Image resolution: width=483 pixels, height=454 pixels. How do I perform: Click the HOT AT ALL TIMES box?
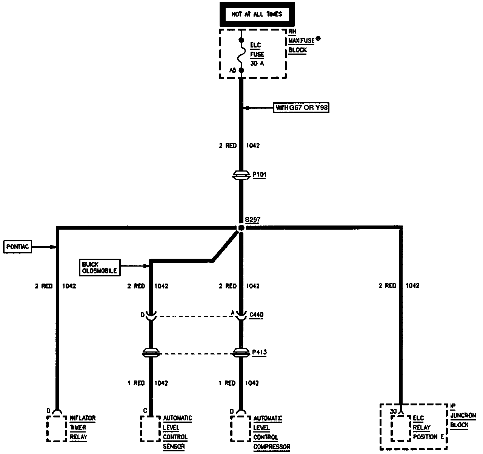[257, 15]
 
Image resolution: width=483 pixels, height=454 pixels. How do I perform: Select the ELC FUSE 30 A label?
[257, 54]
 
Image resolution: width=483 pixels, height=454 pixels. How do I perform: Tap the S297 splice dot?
[241, 228]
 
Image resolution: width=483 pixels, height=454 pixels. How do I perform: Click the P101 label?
[259, 175]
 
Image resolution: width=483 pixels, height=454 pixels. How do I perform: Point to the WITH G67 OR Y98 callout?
[302, 108]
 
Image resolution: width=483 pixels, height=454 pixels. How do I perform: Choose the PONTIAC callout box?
[17, 247]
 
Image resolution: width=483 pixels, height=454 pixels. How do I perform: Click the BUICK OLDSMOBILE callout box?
[100, 267]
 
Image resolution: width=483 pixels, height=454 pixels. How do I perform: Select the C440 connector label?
[256, 314]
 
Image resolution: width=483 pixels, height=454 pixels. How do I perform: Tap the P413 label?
[260, 352]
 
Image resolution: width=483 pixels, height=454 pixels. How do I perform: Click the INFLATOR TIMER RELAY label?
[83, 428]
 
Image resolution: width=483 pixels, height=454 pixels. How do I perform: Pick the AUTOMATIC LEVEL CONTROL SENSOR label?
[177, 433]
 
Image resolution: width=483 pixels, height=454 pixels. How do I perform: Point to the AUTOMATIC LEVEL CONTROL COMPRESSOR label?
[271, 433]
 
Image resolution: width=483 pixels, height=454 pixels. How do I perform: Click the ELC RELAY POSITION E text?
[428, 428]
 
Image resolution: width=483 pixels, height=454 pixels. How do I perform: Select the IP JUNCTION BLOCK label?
[463, 415]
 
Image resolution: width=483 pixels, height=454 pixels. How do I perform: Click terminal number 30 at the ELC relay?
[394, 411]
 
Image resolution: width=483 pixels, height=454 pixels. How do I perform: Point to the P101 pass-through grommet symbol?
[241, 175]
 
